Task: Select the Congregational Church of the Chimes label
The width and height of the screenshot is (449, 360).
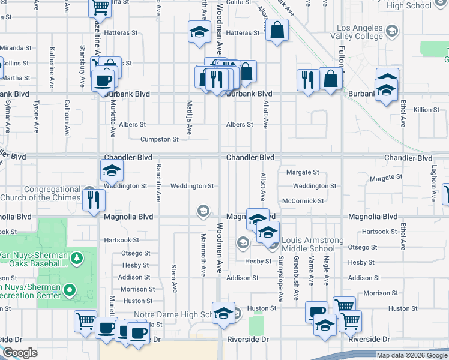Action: [40, 193]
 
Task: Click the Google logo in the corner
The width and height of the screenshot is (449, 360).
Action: [20, 353]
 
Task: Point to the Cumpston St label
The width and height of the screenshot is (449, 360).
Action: [160, 139]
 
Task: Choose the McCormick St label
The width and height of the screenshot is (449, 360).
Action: [303, 201]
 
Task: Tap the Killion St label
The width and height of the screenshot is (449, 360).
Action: [427, 109]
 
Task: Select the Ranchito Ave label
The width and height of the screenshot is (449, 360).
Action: [159, 182]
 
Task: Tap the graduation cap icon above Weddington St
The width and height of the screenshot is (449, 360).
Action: [111, 171]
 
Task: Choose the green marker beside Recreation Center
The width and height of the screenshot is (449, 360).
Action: [69, 291]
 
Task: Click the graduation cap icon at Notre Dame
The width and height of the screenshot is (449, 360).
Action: [223, 314]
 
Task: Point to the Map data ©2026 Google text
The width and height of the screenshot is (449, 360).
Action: [411, 355]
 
